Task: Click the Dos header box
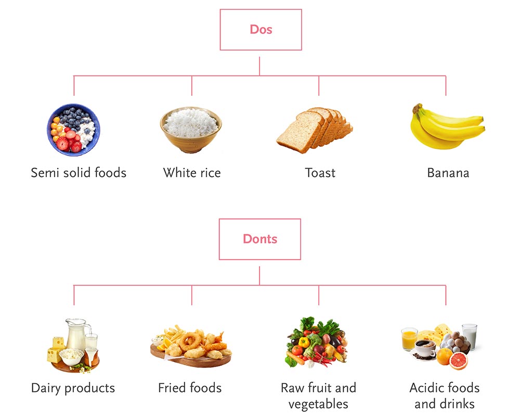[x=261, y=30]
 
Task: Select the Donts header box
[x=259, y=239]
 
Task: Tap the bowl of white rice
[x=191, y=129]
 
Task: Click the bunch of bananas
[x=446, y=127]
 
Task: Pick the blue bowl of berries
[x=74, y=129]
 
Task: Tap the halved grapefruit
[x=458, y=360]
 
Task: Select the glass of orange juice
[x=409, y=339]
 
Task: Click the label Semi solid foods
[x=79, y=172]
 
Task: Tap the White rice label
[x=192, y=172]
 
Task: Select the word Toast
[x=320, y=172]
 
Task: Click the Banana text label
[x=448, y=172]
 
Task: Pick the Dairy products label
[x=73, y=388]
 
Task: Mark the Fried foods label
[x=190, y=388]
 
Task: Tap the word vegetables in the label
[x=318, y=404]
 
